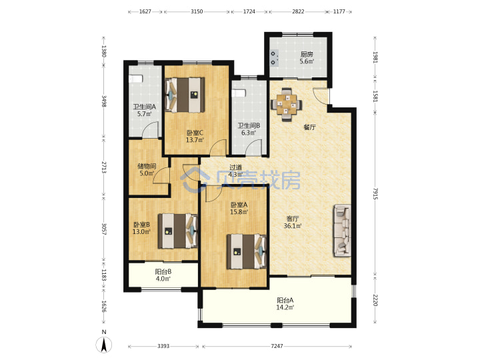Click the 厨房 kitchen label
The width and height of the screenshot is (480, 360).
point(307,55)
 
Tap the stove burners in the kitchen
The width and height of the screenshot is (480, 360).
point(274,58)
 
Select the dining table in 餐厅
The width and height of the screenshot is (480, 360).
point(287,105)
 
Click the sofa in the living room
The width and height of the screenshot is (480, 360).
point(342,231)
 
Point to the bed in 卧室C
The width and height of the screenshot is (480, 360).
point(185,95)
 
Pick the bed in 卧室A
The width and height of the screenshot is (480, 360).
point(247,251)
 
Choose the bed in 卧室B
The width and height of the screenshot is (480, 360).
point(177,231)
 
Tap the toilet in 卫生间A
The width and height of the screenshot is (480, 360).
point(136,79)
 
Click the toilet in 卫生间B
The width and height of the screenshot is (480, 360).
point(239,93)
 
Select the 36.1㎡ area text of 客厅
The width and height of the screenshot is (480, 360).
point(293,226)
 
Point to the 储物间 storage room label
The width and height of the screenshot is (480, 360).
point(147,166)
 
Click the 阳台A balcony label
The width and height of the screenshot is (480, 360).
point(285,300)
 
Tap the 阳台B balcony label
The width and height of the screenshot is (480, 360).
point(163,271)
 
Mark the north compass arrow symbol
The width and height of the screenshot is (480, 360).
point(104,345)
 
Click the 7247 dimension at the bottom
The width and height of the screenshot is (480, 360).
point(277,346)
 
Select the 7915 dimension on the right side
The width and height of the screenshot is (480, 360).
point(375,193)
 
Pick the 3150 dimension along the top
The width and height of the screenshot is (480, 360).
point(197,11)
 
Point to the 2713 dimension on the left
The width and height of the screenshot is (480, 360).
point(104,167)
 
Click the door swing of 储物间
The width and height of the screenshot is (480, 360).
point(161,175)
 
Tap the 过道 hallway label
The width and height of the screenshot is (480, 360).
point(236,167)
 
